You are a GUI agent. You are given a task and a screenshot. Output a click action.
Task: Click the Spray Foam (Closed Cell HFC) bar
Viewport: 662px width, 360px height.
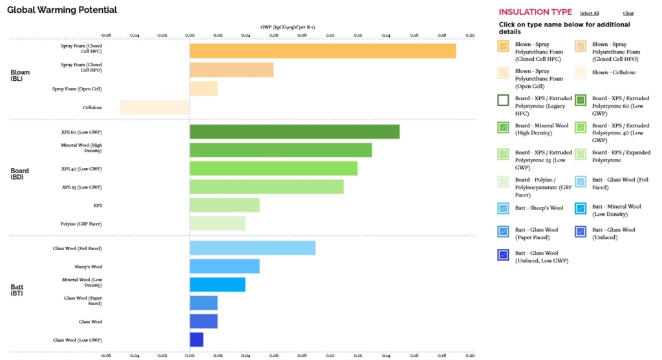[x=323, y=51]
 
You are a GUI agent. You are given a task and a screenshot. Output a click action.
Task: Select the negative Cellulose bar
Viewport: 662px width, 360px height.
[x=155, y=107]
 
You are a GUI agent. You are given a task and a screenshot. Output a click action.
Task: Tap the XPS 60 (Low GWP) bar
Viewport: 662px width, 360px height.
[x=294, y=132]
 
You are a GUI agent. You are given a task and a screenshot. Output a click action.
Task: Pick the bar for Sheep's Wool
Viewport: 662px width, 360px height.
[x=224, y=266]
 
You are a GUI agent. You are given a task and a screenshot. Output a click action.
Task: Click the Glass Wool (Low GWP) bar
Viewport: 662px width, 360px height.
[x=197, y=339]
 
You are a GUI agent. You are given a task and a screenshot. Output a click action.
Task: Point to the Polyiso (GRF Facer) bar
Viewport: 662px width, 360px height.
[x=217, y=224]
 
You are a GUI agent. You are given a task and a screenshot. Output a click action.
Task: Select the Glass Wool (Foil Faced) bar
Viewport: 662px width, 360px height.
[x=252, y=248]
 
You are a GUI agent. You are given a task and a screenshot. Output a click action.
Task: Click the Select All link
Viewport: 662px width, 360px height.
[x=589, y=13]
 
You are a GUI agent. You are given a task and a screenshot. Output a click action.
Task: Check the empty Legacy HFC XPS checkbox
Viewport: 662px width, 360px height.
[x=503, y=100]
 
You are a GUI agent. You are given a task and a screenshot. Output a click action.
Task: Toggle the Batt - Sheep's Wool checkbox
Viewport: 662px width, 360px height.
[x=503, y=208]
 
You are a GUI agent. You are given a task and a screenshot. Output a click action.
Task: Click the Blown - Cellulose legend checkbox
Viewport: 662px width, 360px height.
[x=580, y=73]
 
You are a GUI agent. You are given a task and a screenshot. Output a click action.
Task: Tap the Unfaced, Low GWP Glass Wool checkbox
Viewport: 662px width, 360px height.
[x=503, y=255]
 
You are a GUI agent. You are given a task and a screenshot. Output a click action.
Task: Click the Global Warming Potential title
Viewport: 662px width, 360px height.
[x=62, y=10]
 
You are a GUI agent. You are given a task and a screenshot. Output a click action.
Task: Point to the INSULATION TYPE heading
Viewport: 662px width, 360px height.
[x=535, y=12]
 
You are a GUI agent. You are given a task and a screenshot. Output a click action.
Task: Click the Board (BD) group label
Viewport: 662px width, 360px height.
[x=19, y=174]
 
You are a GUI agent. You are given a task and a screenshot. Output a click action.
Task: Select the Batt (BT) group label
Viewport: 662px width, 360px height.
[x=17, y=290]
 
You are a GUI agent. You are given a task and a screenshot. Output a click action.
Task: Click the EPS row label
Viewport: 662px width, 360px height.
[x=98, y=206]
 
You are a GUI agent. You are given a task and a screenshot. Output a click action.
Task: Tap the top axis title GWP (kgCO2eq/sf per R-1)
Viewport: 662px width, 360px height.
[x=287, y=27]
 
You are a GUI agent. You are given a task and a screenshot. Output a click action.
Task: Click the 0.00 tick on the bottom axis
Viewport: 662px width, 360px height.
[x=189, y=355]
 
